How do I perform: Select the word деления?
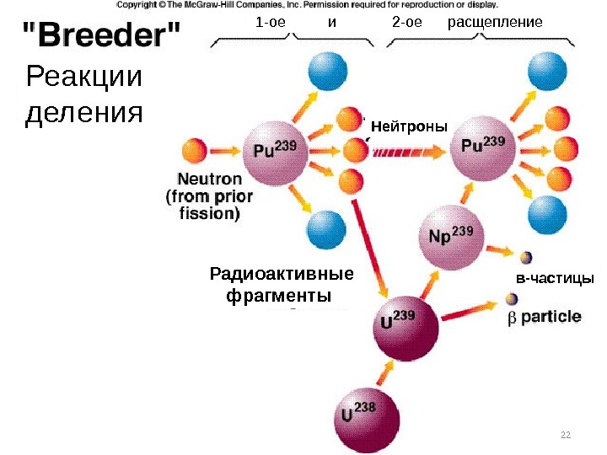click(x=84, y=113)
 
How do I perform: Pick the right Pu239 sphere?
click(x=483, y=148)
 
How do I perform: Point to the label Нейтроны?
click(x=409, y=126)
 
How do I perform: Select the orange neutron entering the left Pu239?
click(x=194, y=153)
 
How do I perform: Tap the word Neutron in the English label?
click(x=209, y=179)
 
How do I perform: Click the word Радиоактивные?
click(x=281, y=275)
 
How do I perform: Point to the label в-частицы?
click(x=555, y=278)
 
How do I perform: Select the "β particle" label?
click(x=544, y=317)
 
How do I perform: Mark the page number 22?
click(x=565, y=434)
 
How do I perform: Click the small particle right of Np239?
click(x=525, y=257)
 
